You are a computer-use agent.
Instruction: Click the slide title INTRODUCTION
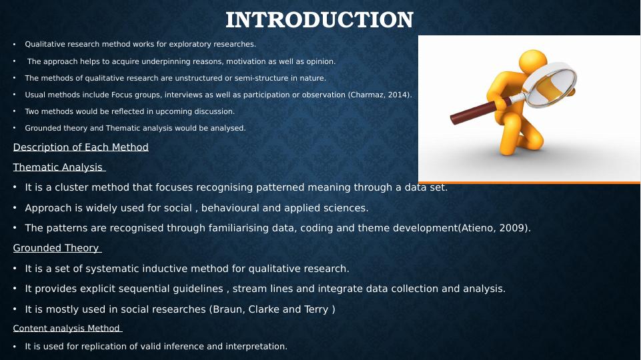coord(319,19)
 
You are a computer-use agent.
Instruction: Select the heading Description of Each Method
coord(81,147)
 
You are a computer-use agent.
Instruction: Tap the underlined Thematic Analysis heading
coord(59,167)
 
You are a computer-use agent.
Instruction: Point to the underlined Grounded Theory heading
coord(57,248)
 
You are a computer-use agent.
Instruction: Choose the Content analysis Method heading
coord(67,328)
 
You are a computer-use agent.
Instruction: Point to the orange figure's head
coord(533,62)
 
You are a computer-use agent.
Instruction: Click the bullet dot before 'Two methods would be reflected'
coord(14,111)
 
